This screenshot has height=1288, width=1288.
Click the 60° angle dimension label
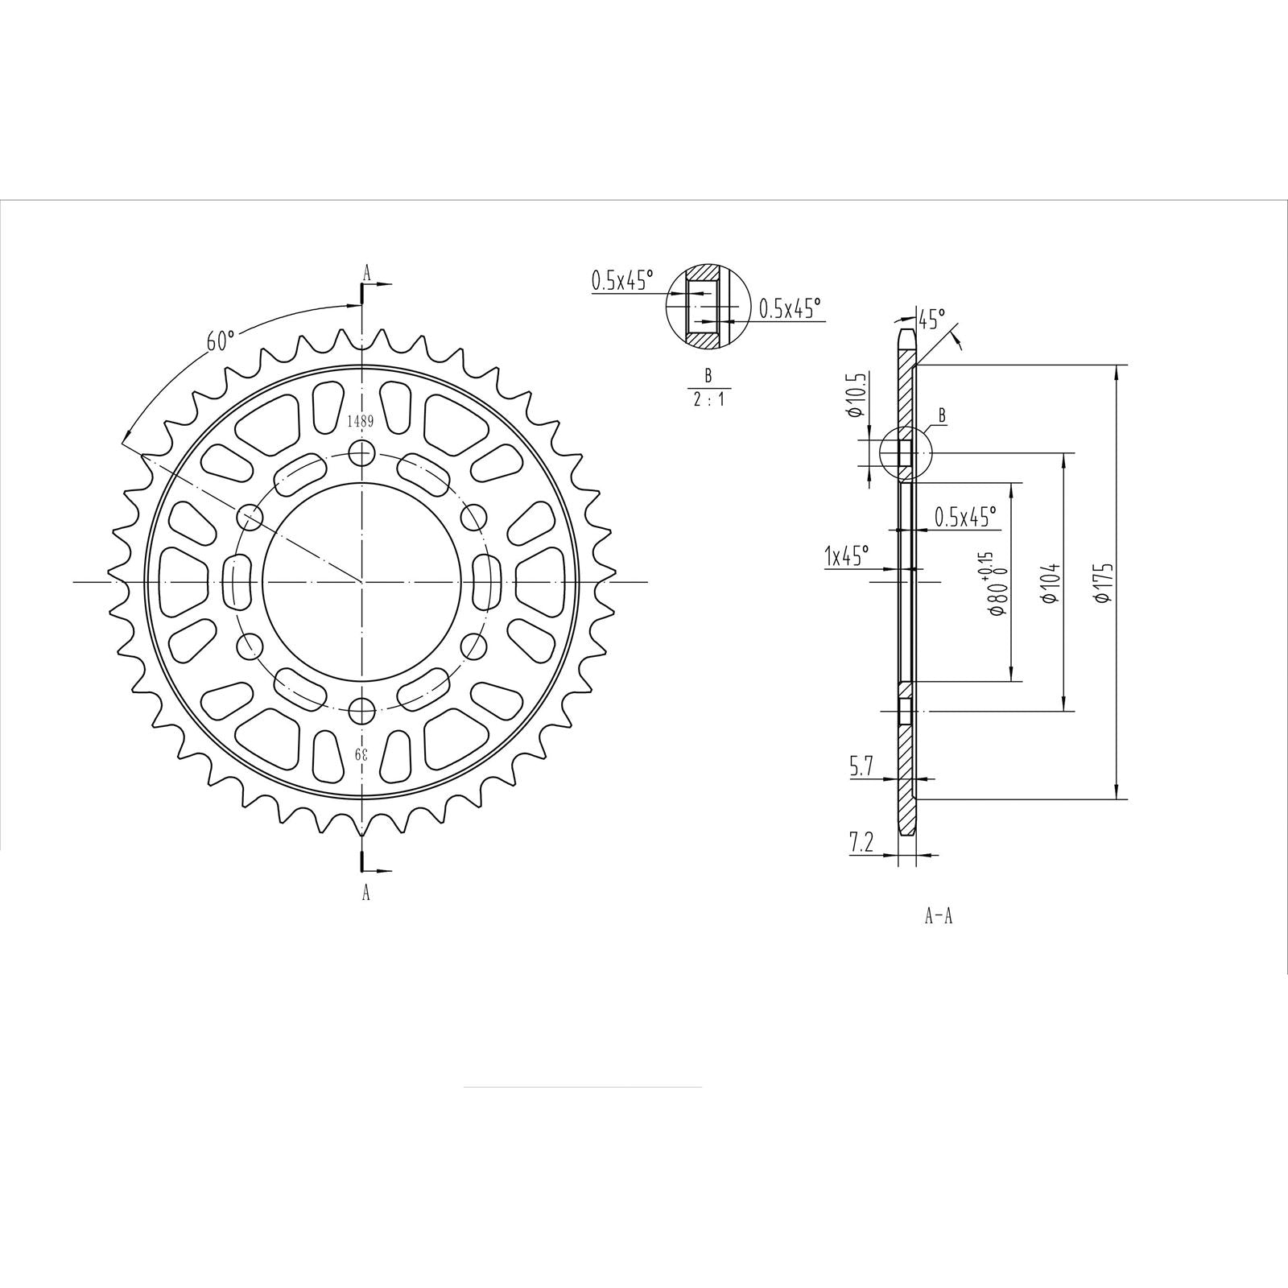pyautogui.click(x=220, y=341)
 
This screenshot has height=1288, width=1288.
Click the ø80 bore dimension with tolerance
pyautogui.click(x=994, y=586)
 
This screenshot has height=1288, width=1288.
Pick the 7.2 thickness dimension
pyautogui.click(x=861, y=844)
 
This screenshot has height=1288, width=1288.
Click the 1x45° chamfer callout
pyautogui.click(x=846, y=555)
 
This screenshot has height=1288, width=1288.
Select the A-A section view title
pyautogui.click(x=938, y=916)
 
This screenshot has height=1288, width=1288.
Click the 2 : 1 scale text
pyautogui.click(x=708, y=398)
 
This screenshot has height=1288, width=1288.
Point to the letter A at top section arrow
pyautogui.click(x=367, y=274)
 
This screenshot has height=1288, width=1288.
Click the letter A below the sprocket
pyautogui.click(x=366, y=892)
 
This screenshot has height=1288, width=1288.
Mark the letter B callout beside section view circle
pyautogui.click(x=941, y=416)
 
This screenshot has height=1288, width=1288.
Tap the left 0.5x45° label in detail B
pyautogui.click(x=622, y=280)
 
